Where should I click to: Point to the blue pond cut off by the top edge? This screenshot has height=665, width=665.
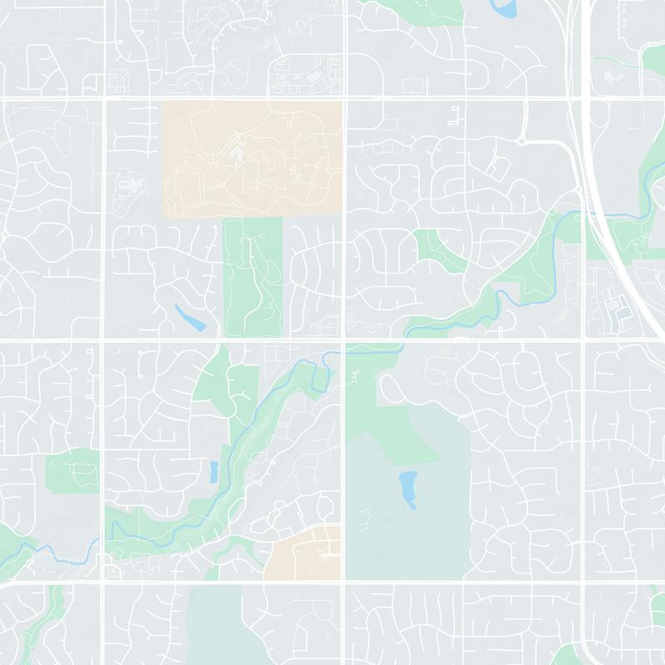click(504, 8)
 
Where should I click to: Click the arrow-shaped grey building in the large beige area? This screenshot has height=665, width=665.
click(236, 154)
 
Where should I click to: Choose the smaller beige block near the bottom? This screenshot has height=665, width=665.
click(304, 553)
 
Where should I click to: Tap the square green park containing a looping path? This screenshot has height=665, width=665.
click(72, 472)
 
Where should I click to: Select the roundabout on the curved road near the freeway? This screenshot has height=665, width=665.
click(521, 141)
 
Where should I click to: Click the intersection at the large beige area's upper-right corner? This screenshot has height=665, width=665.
click(344, 100)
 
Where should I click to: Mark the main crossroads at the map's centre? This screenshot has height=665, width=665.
click(344, 340)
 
